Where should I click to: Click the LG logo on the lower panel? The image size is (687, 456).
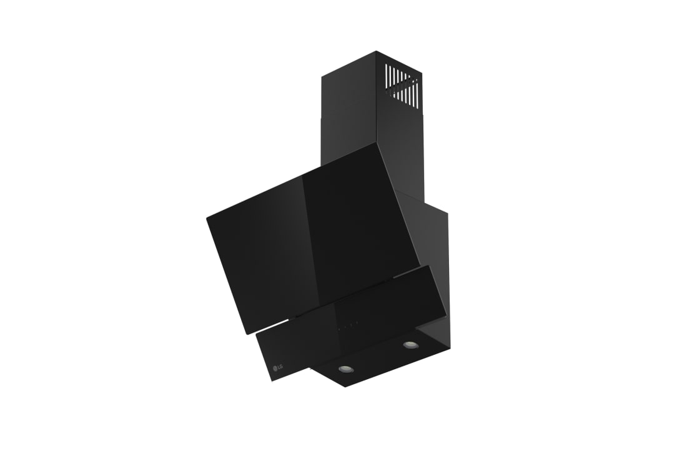[278, 367]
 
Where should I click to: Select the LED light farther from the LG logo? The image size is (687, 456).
[410, 345]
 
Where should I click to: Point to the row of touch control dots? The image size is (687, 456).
[348, 325]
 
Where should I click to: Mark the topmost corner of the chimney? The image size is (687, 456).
[377, 51]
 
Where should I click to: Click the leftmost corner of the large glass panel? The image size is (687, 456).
[207, 217]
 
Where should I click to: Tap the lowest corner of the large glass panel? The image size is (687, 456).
[245, 335]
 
